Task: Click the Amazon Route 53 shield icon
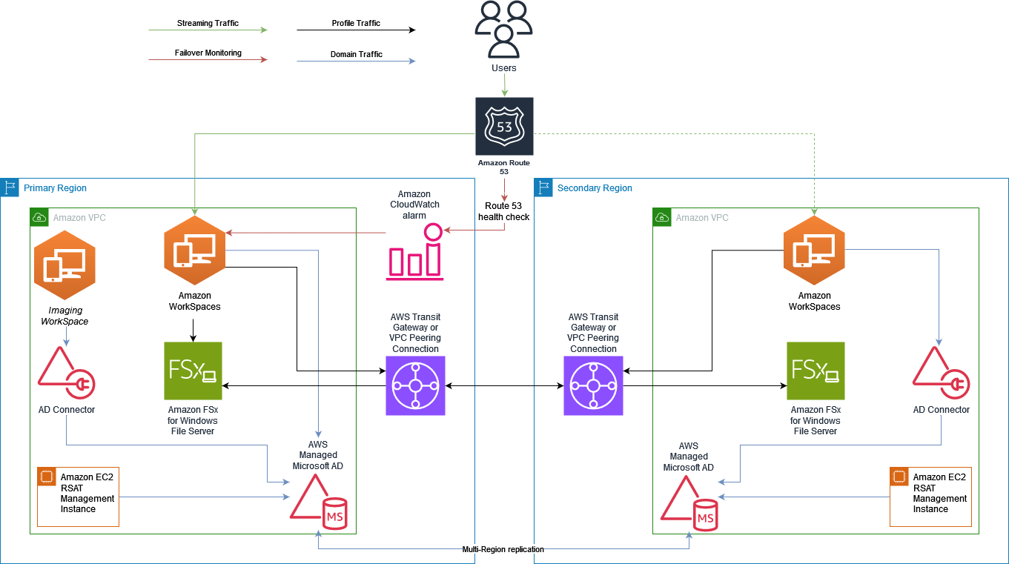504,126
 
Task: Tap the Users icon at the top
504,30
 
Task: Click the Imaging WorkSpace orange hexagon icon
65,265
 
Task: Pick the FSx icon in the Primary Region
193,371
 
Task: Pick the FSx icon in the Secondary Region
816,371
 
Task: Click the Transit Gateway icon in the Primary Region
415,385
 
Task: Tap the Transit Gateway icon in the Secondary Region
593,385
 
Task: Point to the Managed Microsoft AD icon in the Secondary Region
689,504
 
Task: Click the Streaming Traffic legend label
208,24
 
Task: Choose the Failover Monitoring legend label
208,53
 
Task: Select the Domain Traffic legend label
357,54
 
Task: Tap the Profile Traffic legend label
356,24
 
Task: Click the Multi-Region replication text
503,549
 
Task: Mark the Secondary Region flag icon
543,188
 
